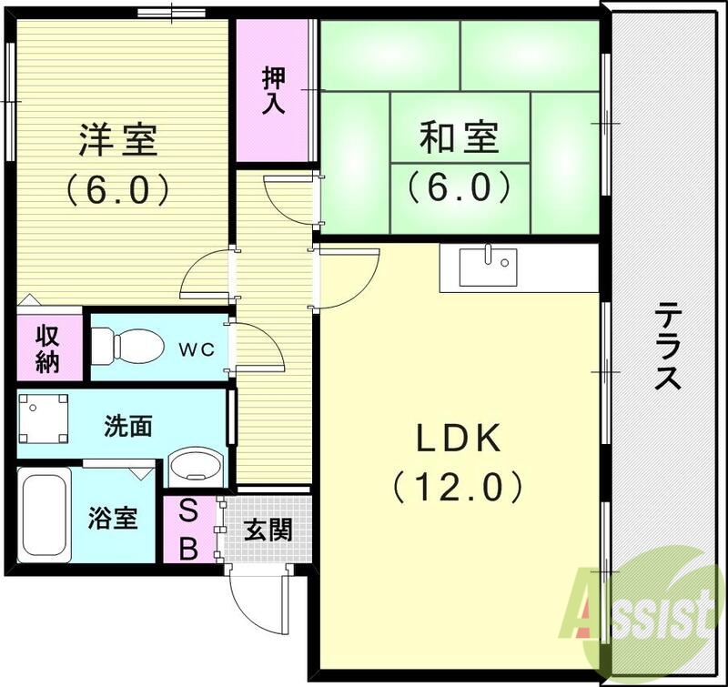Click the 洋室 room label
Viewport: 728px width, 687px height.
117,141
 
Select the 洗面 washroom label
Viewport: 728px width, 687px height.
128,425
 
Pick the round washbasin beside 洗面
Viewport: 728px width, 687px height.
197,466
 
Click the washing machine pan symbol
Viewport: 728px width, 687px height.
44,417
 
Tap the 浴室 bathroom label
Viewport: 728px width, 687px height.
113,519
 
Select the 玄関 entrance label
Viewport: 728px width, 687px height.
268,530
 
